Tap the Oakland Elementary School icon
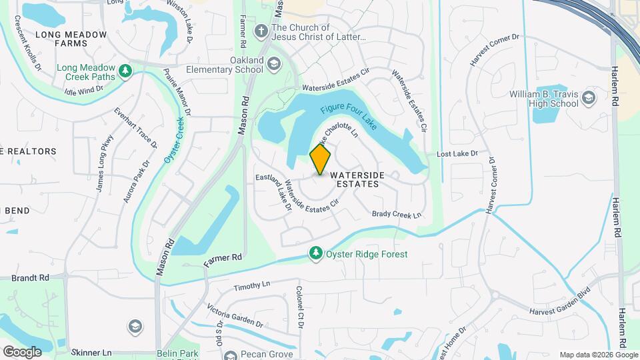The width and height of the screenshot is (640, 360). click(x=273, y=64)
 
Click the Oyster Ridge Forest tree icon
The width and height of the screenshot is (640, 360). click(x=315, y=253)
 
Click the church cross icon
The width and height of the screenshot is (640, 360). click(x=261, y=30)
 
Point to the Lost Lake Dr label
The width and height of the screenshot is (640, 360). click(x=457, y=154)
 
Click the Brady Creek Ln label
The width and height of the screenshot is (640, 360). click(x=397, y=214)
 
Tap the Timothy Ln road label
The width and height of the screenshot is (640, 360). click(x=252, y=285)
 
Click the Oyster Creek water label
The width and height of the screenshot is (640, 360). click(x=173, y=140)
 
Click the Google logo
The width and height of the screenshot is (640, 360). click(x=21, y=351)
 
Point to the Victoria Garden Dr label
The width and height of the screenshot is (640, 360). click(x=235, y=315)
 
